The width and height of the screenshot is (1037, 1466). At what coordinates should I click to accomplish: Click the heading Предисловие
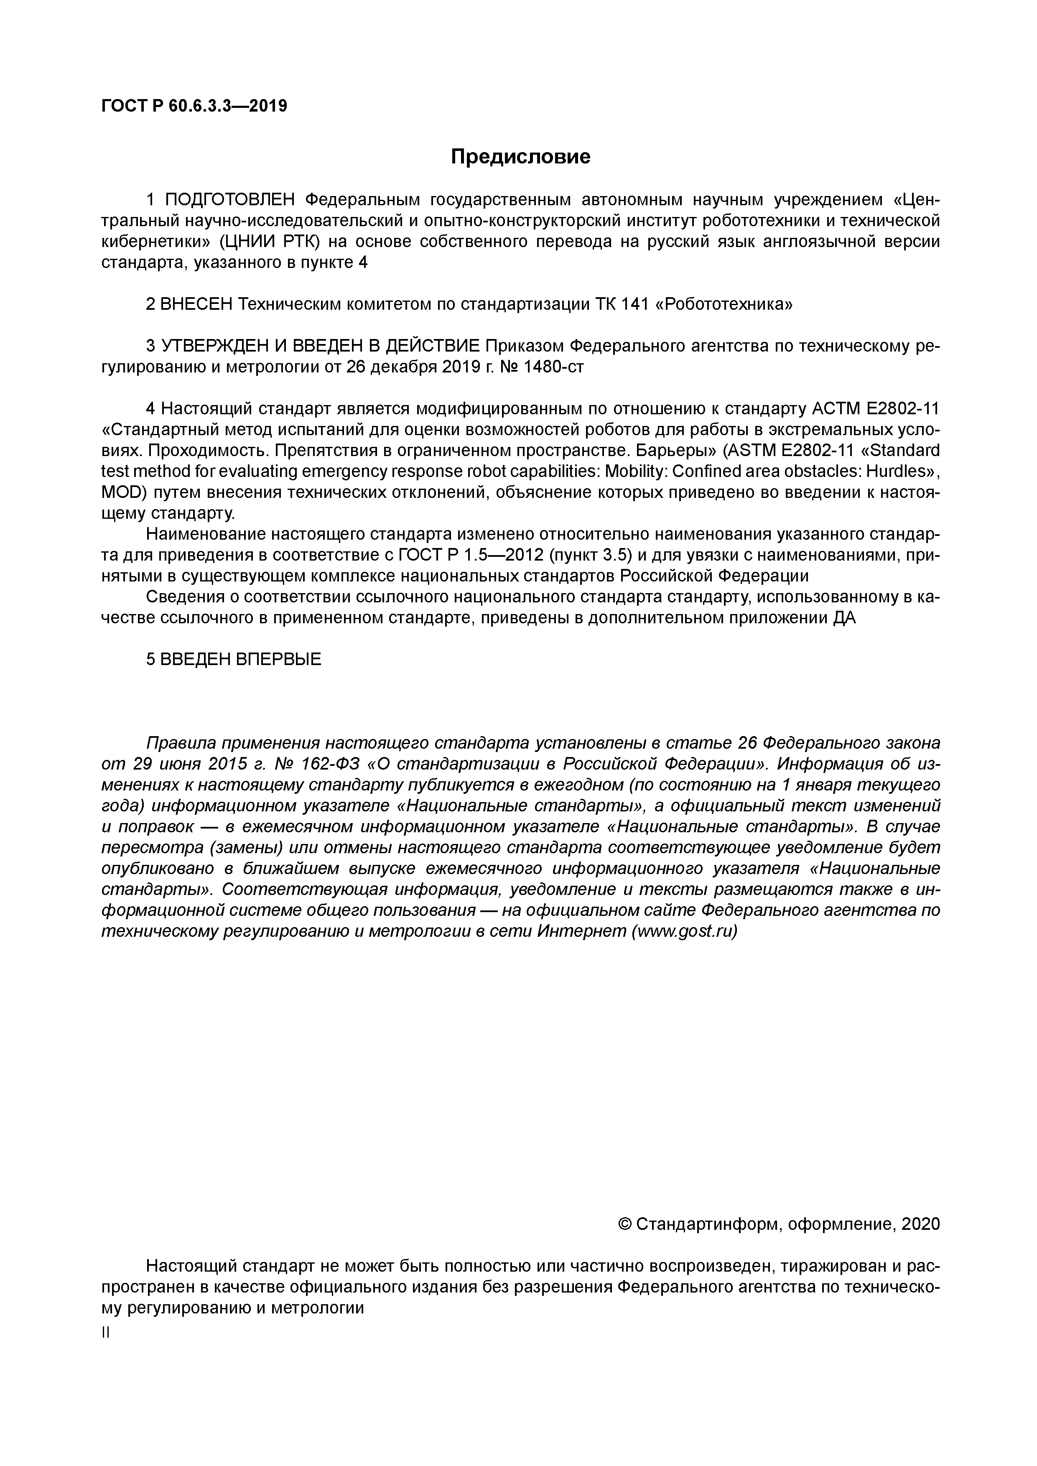[x=520, y=156]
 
